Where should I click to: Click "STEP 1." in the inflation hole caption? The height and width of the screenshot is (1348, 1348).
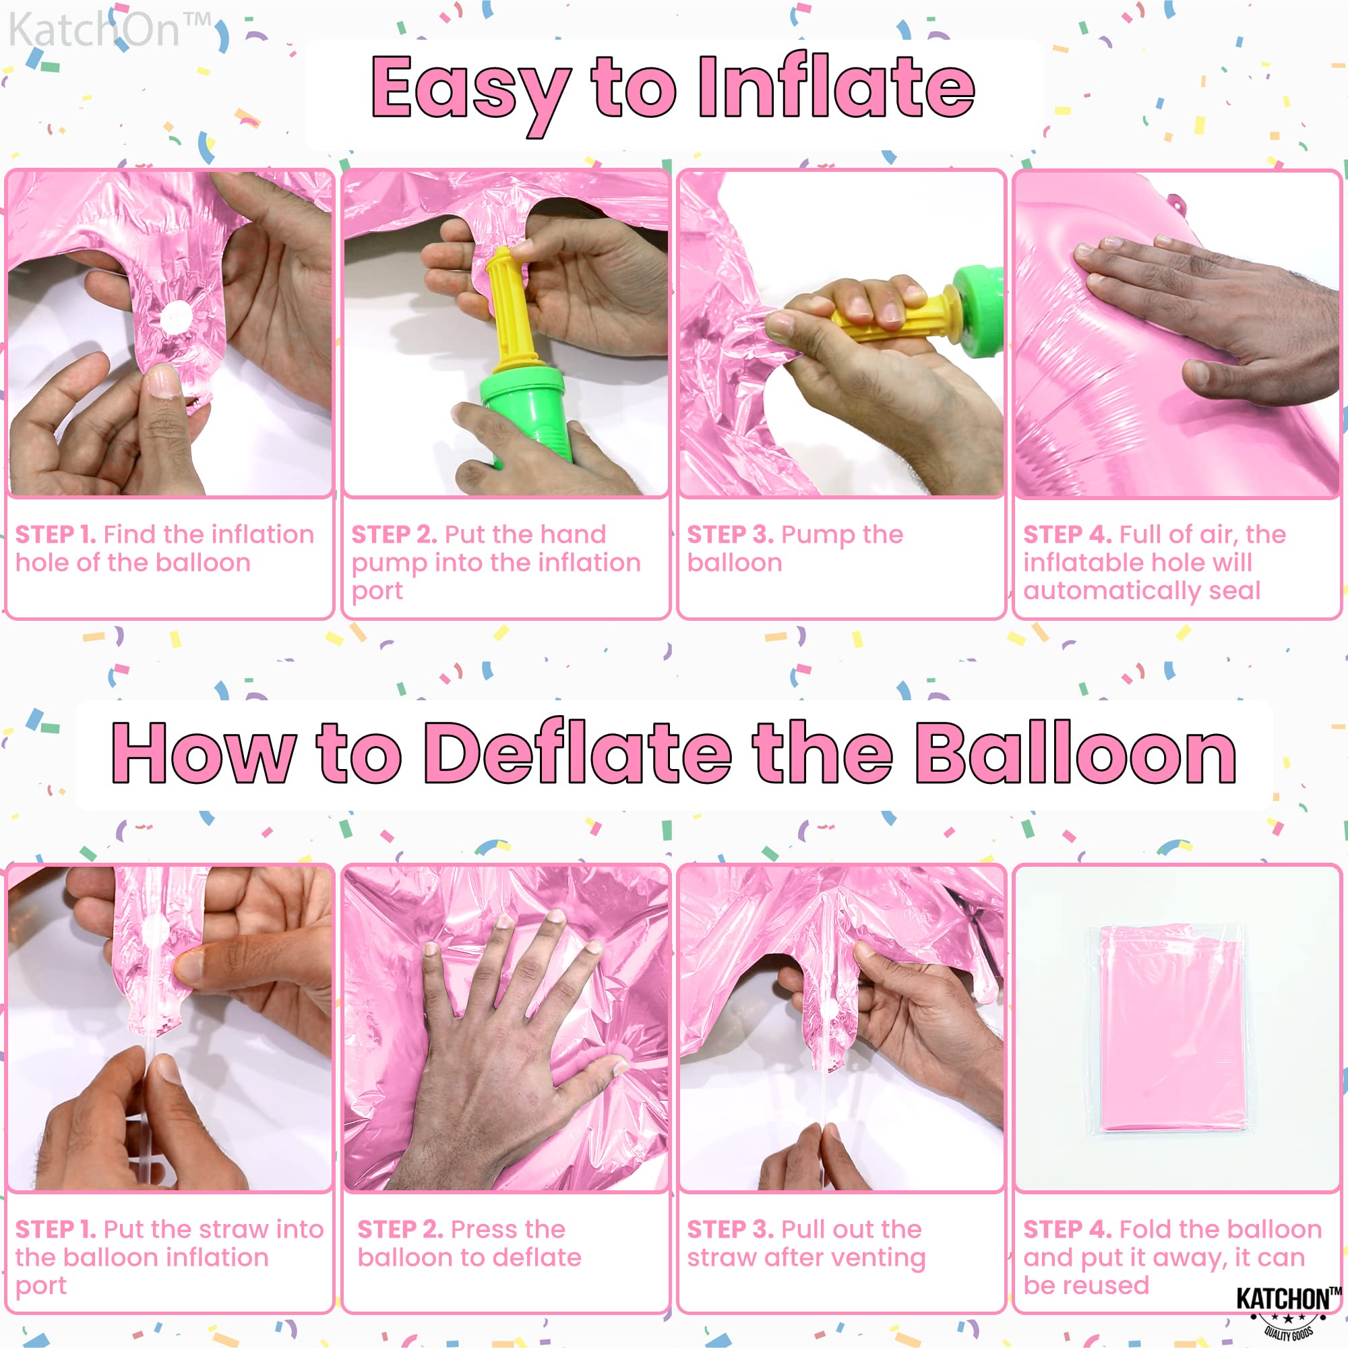click(x=56, y=534)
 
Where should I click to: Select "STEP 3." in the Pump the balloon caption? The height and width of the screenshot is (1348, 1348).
click(x=730, y=534)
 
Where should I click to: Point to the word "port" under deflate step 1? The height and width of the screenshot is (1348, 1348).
click(x=41, y=1286)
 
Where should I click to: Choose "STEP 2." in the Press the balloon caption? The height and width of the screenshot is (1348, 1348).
click(x=400, y=1229)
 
